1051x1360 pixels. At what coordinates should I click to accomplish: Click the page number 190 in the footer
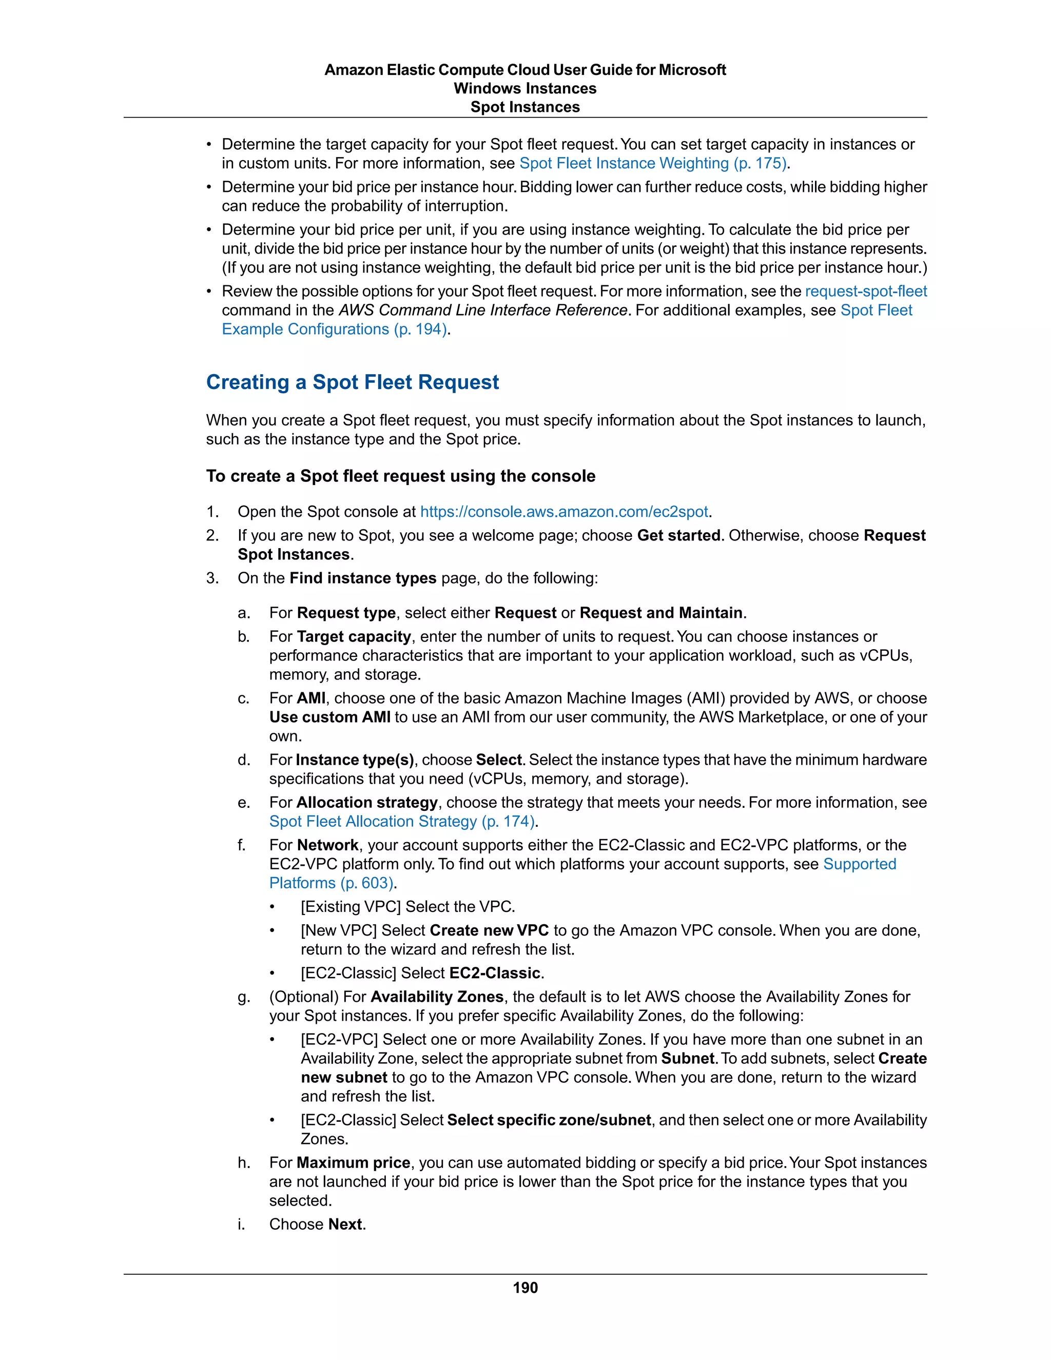[x=525, y=1288]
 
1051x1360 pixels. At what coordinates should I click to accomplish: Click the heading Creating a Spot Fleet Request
[x=353, y=382]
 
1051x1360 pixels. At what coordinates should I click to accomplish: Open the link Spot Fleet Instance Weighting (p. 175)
[x=653, y=163]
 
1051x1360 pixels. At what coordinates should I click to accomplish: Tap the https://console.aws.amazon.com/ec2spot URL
[x=564, y=512]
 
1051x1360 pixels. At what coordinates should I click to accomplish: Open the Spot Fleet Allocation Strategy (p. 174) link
[x=402, y=821]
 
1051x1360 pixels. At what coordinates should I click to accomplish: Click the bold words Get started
[x=678, y=535]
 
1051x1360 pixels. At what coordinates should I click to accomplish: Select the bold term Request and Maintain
[x=661, y=613]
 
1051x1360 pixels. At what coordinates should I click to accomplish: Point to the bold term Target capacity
[x=354, y=636]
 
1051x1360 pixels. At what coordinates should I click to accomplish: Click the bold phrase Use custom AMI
[x=329, y=717]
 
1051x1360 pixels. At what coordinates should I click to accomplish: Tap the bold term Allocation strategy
[x=367, y=803]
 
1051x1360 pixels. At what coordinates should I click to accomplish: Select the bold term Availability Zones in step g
[x=437, y=997]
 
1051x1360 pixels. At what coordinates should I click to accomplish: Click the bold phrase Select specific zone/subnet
[x=549, y=1120]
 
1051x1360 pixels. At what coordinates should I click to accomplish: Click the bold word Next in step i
[x=345, y=1224]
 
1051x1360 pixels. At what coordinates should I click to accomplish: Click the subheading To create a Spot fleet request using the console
[x=400, y=476]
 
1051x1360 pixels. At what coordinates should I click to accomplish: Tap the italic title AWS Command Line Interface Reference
[x=482, y=310]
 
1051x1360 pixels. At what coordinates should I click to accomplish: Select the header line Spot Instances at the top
[x=525, y=107]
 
